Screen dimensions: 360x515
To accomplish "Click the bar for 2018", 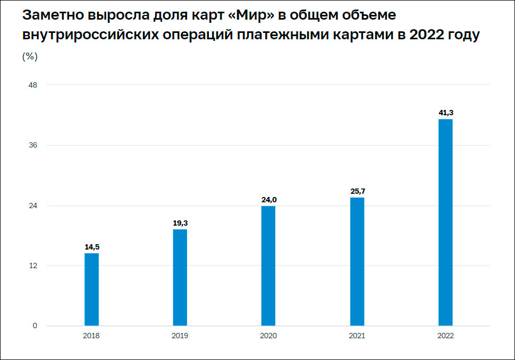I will point(91,289).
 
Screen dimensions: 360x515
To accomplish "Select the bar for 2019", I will point(180,277).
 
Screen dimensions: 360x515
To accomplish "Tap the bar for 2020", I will point(268,265).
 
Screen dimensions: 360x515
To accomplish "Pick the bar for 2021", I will point(357,261).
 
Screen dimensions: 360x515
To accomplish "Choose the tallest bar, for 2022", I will point(445,222).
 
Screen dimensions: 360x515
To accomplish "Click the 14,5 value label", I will point(91,247).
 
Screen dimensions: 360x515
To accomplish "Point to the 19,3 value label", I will point(180,223).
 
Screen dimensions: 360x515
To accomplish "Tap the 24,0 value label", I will point(269,200).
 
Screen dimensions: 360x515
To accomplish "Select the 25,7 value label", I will point(357,191).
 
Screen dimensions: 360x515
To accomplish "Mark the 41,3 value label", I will point(445,113).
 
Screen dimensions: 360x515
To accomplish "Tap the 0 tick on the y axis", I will point(35,325).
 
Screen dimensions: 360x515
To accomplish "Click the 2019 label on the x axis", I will point(180,336).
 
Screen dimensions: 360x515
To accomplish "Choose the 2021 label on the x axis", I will point(357,336).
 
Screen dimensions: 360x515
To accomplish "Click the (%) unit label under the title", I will point(29,56).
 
